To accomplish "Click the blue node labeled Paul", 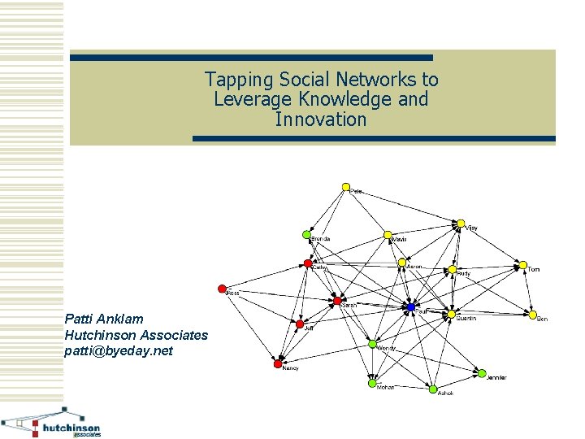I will pyautogui.click(x=411, y=306).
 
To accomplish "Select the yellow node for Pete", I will pyautogui.click(x=345, y=188).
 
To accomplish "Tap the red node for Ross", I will pyautogui.click(x=222, y=288).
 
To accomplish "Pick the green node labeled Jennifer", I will pyautogui.click(x=482, y=372).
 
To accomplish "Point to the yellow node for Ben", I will pyautogui.click(x=533, y=315).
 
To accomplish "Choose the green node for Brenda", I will pyautogui.click(x=307, y=234).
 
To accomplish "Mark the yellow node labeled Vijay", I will pyautogui.click(x=461, y=224).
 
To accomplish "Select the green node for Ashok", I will pyautogui.click(x=433, y=389).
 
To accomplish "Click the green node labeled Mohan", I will pyautogui.click(x=373, y=382).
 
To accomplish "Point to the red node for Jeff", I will pyautogui.click(x=301, y=323).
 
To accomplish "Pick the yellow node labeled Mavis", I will pyautogui.click(x=388, y=236).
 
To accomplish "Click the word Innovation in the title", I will pyautogui.click(x=321, y=120).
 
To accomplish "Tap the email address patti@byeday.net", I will pyautogui.click(x=119, y=350).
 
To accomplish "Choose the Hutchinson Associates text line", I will pyautogui.click(x=136, y=334).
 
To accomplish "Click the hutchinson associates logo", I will pyautogui.click(x=52, y=423).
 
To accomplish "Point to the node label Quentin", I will pyautogui.click(x=466, y=319).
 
